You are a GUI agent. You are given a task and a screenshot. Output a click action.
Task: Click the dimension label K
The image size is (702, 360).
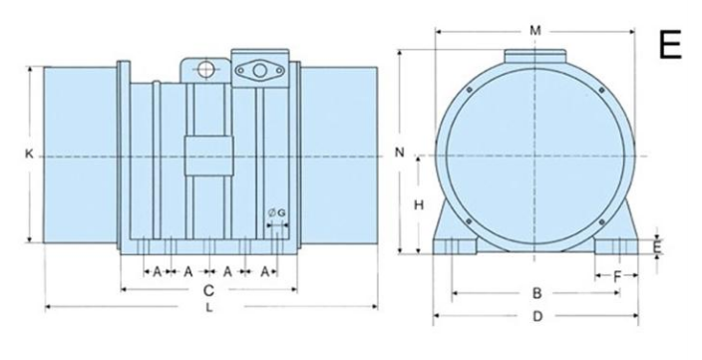click(x=29, y=154)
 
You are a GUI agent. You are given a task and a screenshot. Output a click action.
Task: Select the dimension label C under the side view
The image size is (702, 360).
click(x=208, y=291)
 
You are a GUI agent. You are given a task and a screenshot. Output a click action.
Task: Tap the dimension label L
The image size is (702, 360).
click(x=209, y=307)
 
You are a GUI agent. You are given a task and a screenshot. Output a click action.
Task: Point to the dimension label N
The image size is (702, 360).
click(x=399, y=153)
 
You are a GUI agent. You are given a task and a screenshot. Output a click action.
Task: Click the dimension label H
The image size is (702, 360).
click(x=419, y=205)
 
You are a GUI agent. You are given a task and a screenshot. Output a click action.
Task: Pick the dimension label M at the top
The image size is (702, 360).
click(x=535, y=31)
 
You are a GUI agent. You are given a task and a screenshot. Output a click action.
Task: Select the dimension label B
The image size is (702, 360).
click(x=536, y=293)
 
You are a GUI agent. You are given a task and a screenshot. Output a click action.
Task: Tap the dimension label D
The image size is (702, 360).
click(x=537, y=316)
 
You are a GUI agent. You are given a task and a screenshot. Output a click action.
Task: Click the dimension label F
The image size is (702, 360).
click(x=617, y=277)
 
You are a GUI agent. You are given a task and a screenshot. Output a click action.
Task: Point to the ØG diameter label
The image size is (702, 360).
click(x=276, y=213)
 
